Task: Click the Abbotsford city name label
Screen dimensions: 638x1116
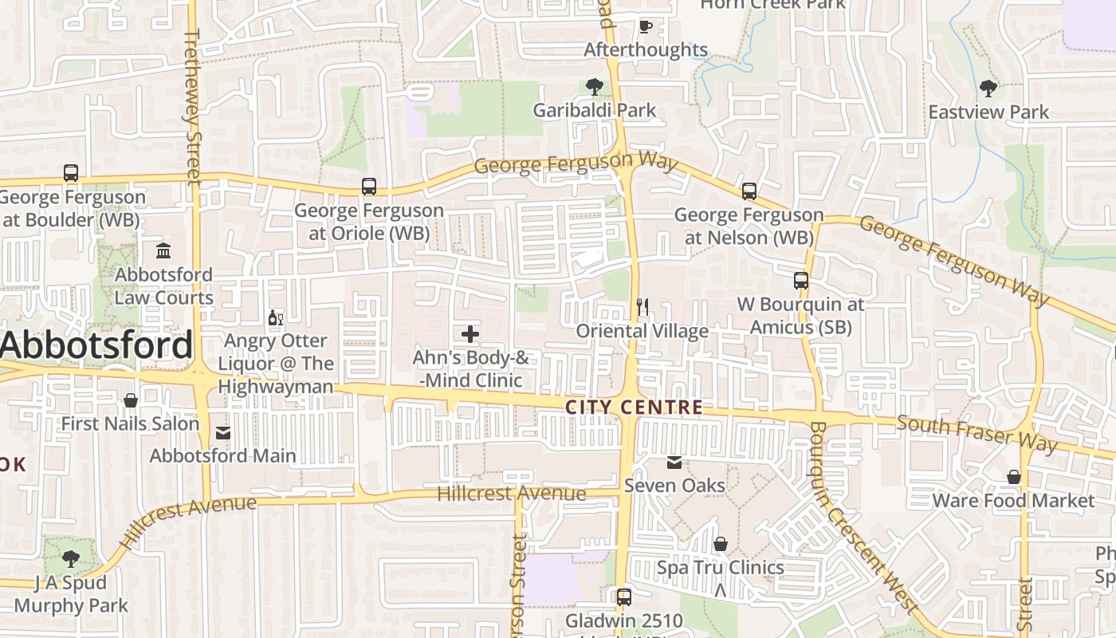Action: pyautogui.click(x=96, y=345)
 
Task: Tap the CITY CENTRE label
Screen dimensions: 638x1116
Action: pyautogui.click(x=634, y=408)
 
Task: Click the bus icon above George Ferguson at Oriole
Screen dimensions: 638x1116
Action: pyautogui.click(x=368, y=187)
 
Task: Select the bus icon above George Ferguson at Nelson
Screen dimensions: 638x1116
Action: pyautogui.click(x=749, y=191)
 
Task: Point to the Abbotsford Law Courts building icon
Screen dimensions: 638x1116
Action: pyautogui.click(x=163, y=251)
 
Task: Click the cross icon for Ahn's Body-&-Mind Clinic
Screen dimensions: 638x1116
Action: pyautogui.click(x=470, y=333)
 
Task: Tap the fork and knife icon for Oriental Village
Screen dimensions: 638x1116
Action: pyautogui.click(x=642, y=306)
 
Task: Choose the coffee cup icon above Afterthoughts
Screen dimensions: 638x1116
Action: pyautogui.click(x=646, y=26)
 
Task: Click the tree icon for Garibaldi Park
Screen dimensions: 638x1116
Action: pyautogui.click(x=594, y=86)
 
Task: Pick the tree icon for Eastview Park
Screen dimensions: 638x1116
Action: pyautogui.click(x=988, y=88)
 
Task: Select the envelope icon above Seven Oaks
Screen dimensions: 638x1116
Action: pyautogui.click(x=674, y=462)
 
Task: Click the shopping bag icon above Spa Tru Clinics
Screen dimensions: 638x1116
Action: pyautogui.click(x=721, y=544)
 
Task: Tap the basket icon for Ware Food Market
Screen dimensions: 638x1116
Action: pyautogui.click(x=1013, y=477)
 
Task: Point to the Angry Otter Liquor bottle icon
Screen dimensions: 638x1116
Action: pyautogui.click(x=276, y=317)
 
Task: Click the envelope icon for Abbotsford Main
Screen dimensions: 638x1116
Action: pyautogui.click(x=223, y=433)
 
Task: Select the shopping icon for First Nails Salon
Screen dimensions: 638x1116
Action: pyautogui.click(x=130, y=400)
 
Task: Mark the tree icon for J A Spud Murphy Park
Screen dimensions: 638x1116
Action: pyautogui.click(x=71, y=558)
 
